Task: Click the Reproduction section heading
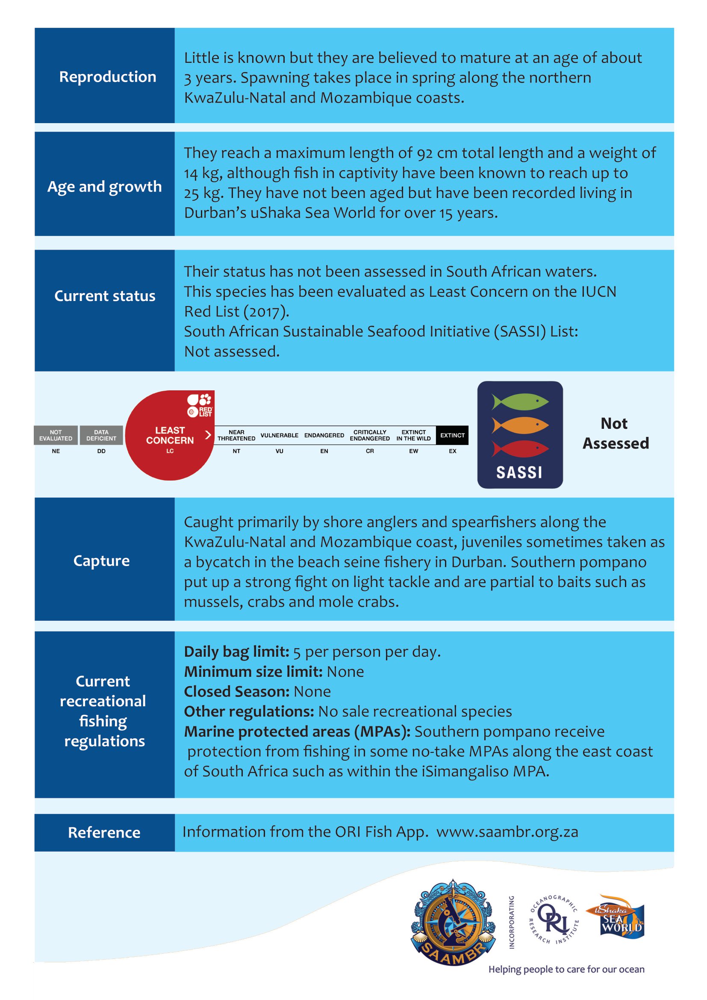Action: (108, 77)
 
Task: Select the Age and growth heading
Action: (104, 186)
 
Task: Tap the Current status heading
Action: (104, 296)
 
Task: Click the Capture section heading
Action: (101, 560)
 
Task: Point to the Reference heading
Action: (104, 832)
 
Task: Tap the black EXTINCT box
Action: (452, 435)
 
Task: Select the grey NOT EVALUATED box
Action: (56, 435)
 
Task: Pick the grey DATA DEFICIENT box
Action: (101, 435)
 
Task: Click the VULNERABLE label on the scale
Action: (279, 435)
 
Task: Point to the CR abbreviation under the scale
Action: (370, 451)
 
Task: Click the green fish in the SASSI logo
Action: (520, 401)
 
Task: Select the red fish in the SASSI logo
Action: (520, 448)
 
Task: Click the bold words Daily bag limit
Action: (236, 652)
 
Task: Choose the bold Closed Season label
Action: (237, 692)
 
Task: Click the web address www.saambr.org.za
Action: (507, 832)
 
